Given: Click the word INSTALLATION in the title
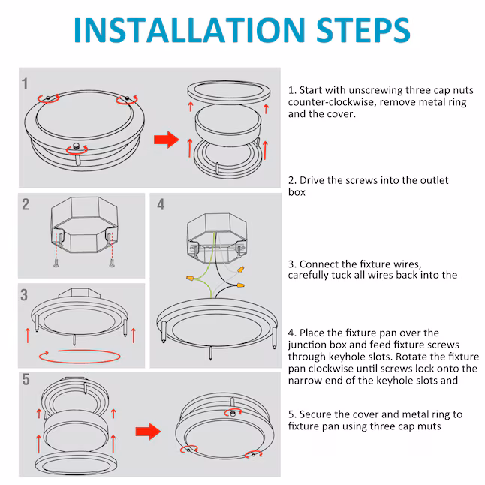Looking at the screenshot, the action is tap(189, 30).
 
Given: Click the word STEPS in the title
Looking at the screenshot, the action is tap(363, 30).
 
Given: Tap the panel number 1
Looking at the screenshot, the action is tap(25, 84).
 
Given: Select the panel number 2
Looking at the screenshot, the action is tap(26, 204).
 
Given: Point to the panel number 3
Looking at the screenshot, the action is tap(24, 295).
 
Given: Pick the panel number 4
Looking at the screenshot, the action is tap(161, 204).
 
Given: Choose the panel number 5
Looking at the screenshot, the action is tap(26, 379).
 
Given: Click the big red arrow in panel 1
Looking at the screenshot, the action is tap(167, 140).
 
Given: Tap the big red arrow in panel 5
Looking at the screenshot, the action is tap(148, 432).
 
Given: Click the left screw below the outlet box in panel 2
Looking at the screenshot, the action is tap(56, 264).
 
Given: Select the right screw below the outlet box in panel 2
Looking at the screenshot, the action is tap(112, 264).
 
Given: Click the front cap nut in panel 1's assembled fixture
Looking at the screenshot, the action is tap(76, 145).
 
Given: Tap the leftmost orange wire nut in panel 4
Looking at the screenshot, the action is tap(191, 279).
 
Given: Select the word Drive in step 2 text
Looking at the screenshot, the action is tap(312, 180).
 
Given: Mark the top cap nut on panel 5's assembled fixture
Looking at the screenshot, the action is tap(233, 413).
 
